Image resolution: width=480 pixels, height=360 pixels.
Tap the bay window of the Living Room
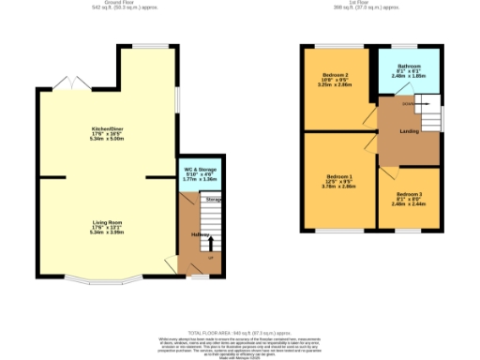(97, 280)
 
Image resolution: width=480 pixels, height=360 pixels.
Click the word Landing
(409, 130)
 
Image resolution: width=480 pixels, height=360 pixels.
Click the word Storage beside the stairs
(214, 200)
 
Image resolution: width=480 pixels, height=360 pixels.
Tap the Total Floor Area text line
(240, 333)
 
